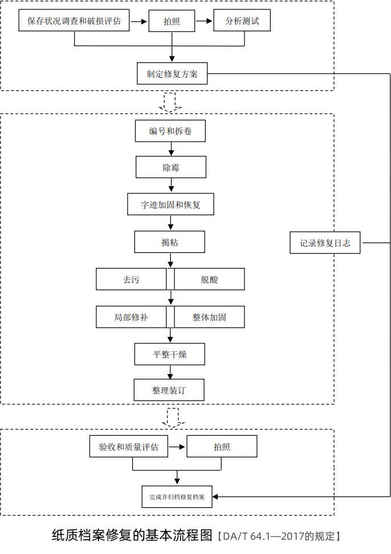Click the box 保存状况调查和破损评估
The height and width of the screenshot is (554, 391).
(74, 22)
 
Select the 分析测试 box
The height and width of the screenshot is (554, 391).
(242, 22)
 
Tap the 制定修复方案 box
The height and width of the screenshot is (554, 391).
(172, 74)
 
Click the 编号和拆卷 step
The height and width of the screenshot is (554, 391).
(170, 131)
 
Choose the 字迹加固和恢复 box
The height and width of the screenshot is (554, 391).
(170, 204)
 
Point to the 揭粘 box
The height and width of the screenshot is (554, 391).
(169, 242)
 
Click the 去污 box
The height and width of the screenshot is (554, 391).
(131, 279)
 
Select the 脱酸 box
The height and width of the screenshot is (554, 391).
(209, 279)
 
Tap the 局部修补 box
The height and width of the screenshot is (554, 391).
(131, 317)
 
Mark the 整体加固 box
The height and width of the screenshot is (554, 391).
(209, 317)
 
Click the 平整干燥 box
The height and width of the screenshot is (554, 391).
(169, 354)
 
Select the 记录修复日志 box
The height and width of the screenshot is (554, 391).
(325, 243)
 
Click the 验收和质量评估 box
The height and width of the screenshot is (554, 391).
(129, 447)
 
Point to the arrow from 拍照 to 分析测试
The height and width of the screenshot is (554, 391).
(204, 22)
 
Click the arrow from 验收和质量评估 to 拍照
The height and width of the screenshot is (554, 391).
(177, 447)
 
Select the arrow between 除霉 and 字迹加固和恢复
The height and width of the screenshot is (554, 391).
(171, 185)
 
